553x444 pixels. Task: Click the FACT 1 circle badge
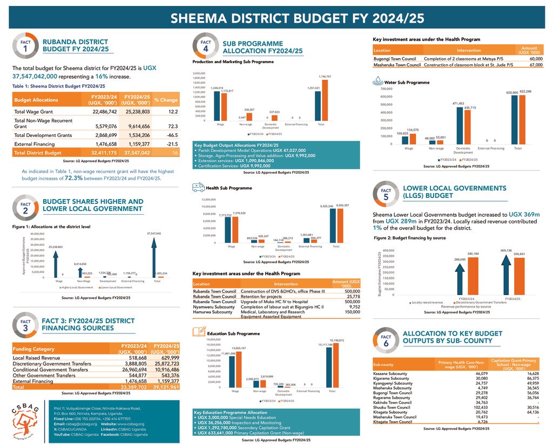pos(25,46)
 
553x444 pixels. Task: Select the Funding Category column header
pos(33,349)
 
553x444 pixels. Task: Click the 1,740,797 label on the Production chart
pos(325,77)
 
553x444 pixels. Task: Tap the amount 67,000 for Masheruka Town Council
pos(536,65)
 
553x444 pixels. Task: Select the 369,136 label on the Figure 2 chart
pos(506,250)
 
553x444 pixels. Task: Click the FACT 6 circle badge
pos(386,340)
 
